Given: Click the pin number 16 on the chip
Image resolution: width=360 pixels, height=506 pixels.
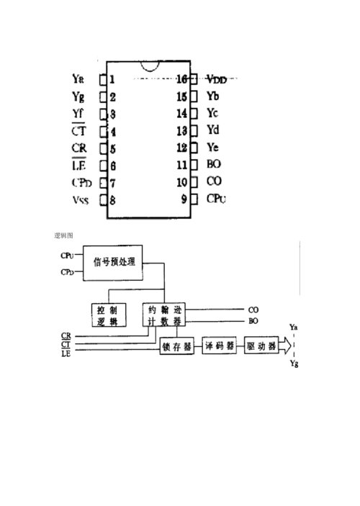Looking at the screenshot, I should tap(181, 78).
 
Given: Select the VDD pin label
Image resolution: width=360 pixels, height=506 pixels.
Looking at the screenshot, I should tap(216, 78).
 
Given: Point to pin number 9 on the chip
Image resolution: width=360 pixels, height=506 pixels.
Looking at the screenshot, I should tap(184, 199).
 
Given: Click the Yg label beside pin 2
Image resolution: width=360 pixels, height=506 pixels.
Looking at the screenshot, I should tap(78, 96).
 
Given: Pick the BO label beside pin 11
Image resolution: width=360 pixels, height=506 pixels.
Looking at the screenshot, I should tap(214, 164).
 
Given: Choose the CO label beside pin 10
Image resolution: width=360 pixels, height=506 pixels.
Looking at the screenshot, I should tap(214, 182).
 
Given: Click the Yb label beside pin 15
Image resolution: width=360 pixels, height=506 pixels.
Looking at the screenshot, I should tap(213, 96).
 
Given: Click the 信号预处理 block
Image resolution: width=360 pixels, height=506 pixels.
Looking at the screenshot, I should tap(115, 261).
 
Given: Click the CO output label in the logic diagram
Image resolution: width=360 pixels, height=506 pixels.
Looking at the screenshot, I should tap(253, 309).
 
